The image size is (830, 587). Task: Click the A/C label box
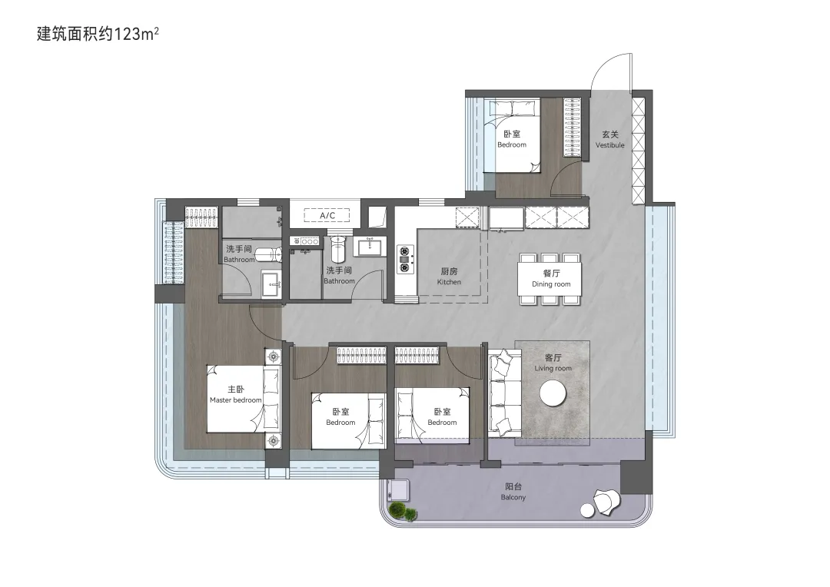[x=327, y=215]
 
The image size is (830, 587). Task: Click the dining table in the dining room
[x=549, y=278]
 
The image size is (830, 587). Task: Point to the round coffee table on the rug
[x=553, y=393]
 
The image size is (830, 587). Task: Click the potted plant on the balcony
[x=403, y=511]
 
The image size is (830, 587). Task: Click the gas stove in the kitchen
[x=406, y=259]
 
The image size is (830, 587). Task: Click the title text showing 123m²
[x=98, y=34]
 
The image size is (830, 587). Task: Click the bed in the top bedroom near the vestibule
[x=513, y=135]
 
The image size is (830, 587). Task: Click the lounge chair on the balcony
[x=606, y=501]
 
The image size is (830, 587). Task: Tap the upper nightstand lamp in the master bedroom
[x=274, y=357]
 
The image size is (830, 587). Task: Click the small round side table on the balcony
[x=587, y=510]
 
